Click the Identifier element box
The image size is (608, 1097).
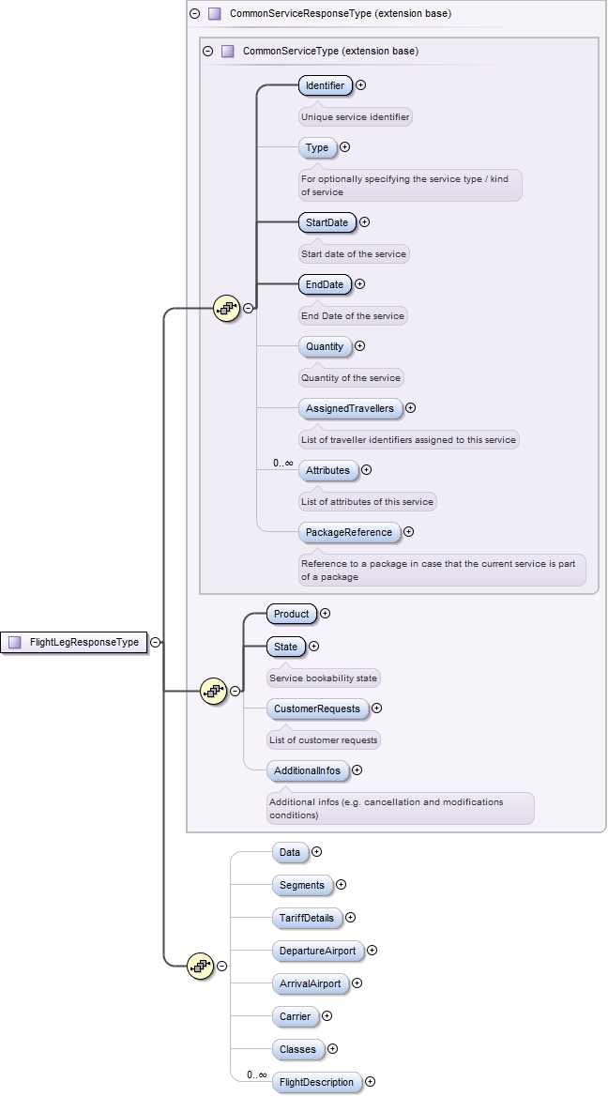[x=325, y=85]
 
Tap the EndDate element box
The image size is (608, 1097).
[x=324, y=284]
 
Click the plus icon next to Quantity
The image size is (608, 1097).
[x=360, y=346]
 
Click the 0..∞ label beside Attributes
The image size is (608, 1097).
[x=282, y=463]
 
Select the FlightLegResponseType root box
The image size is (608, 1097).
[x=75, y=643]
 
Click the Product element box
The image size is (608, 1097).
[x=291, y=614]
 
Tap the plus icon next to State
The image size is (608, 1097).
[x=314, y=646]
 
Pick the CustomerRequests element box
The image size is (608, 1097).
[x=316, y=708]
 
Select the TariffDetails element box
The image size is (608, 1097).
[x=306, y=918]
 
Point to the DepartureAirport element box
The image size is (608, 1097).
[x=317, y=951]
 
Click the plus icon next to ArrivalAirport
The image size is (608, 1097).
[x=357, y=983]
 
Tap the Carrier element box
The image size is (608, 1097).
[x=296, y=1016]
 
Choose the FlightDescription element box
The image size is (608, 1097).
[x=316, y=1082]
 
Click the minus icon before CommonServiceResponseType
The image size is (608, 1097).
[x=195, y=14]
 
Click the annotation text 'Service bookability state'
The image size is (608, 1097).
[x=324, y=678]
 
